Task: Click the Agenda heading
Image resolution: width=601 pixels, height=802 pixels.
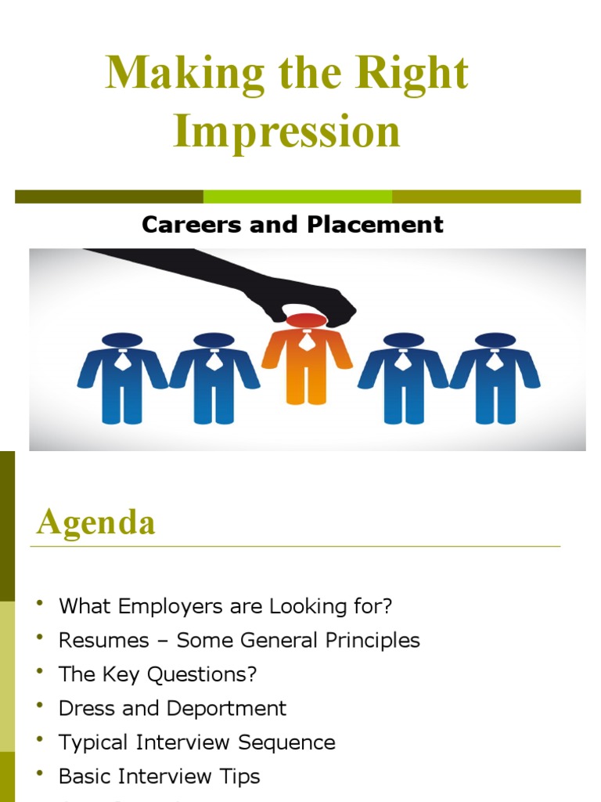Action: pos(95,522)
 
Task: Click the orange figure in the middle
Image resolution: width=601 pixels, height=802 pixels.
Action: pos(306,368)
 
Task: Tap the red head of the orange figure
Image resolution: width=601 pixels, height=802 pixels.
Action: pos(306,320)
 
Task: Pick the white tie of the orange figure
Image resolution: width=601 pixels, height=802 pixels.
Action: pos(307,340)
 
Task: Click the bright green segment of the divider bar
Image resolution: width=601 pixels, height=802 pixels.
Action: pos(297,197)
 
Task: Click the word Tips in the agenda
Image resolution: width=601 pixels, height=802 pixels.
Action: pos(239,776)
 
